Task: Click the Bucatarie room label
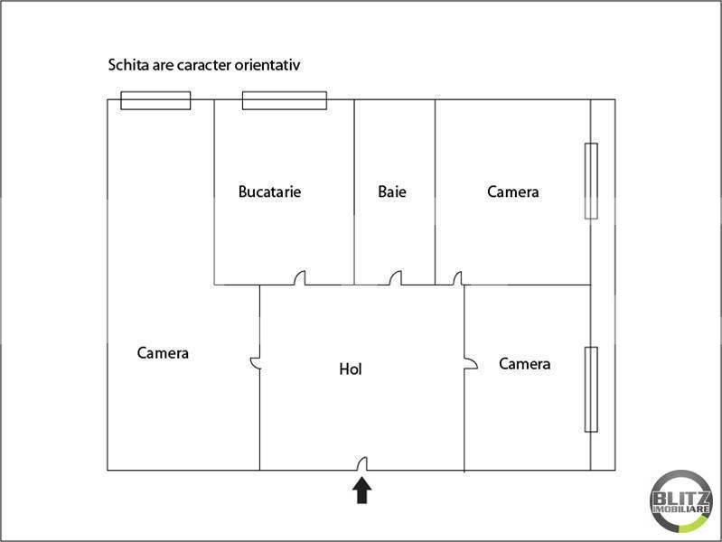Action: coord(270,192)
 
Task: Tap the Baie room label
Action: coord(392,192)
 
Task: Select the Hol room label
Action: coord(351,369)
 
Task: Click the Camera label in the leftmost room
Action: coord(163,353)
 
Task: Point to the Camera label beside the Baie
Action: coord(513,192)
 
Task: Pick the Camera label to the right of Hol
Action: coord(525,364)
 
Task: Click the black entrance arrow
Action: coord(362,490)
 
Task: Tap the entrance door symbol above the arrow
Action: coord(362,463)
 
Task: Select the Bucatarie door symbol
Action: coord(300,278)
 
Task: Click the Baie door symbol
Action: coord(396,278)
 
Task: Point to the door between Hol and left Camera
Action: coord(256,363)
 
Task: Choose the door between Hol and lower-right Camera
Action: coord(471,363)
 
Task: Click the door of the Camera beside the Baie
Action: coord(457,278)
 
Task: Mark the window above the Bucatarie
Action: coord(285,100)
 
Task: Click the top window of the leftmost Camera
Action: coord(155,100)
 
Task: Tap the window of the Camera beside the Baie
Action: coord(591,181)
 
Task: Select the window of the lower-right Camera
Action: coord(591,389)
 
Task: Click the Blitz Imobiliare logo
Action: coord(680,501)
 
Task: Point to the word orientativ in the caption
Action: coord(267,65)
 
